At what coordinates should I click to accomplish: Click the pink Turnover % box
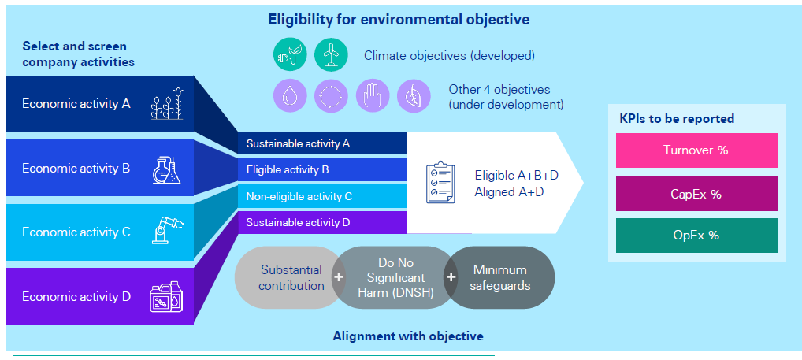click(x=696, y=150)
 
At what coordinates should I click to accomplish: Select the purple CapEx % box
click(x=696, y=194)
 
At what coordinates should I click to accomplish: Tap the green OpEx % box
click(x=696, y=236)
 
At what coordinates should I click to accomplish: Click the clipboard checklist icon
click(x=441, y=183)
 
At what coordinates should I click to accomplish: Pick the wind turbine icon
click(x=331, y=55)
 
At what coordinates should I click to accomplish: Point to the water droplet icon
click(x=290, y=96)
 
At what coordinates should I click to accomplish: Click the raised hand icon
click(x=372, y=96)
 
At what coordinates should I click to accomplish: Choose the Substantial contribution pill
click(x=290, y=277)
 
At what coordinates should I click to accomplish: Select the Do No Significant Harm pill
click(x=390, y=277)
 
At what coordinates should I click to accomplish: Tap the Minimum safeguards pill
click(x=499, y=277)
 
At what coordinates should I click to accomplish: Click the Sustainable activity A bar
click(x=322, y=143)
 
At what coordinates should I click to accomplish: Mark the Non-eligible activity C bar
click(x=322, y=196)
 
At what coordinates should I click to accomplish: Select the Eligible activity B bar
click(x=322, y=169)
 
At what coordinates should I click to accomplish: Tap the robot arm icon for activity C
click(x=166, y=231)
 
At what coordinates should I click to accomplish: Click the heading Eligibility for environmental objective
click(x=398, y=18)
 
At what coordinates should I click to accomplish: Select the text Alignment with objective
click(x=407, y=336)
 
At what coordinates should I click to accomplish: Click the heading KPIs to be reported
click(x=677, y=119)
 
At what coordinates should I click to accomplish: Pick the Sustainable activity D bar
click(x=322, y=222)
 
